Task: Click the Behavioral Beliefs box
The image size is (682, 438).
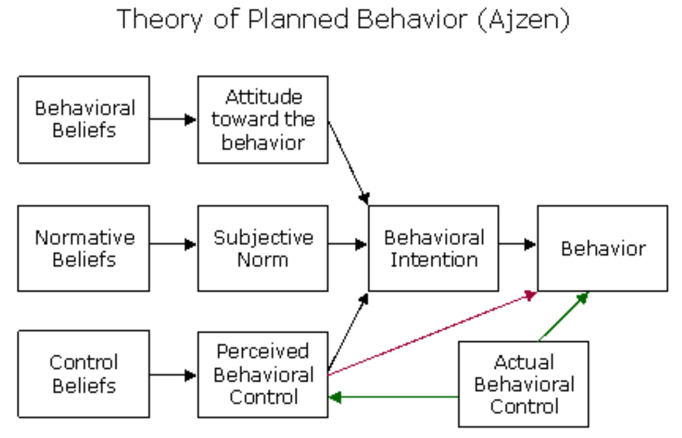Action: click(x=84, y=120)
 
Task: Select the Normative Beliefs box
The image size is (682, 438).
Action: click(x=84, y=248)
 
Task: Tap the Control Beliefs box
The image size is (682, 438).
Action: click(x=84, y=374)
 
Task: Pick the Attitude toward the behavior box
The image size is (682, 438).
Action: click(x=263, y=120)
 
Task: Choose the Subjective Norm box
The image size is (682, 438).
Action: click(x=263, y=248)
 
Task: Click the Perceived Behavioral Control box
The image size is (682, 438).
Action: click(x=263, y=375)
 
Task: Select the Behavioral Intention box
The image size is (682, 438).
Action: click(x=434, y=248)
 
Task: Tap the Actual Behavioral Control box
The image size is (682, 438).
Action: click(x=524, y=384)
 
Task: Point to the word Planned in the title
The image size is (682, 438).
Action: click(x=298, y=19)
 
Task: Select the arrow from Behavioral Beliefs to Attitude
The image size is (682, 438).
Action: click(x=173, y=119)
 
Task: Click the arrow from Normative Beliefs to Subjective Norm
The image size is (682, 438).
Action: click(x=173, y=244)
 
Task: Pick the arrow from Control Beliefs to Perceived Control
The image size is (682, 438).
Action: click(x=173, y=375)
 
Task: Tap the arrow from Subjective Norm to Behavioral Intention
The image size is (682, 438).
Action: click(x=348, y=244)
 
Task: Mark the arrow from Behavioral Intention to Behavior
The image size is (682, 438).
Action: click(x=518, y=244)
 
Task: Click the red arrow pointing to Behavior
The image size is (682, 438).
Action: click(x=432, y=333)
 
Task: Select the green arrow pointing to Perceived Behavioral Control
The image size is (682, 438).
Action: click(x=394, y=397)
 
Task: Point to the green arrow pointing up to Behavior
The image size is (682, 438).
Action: click(x=564, y=317)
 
